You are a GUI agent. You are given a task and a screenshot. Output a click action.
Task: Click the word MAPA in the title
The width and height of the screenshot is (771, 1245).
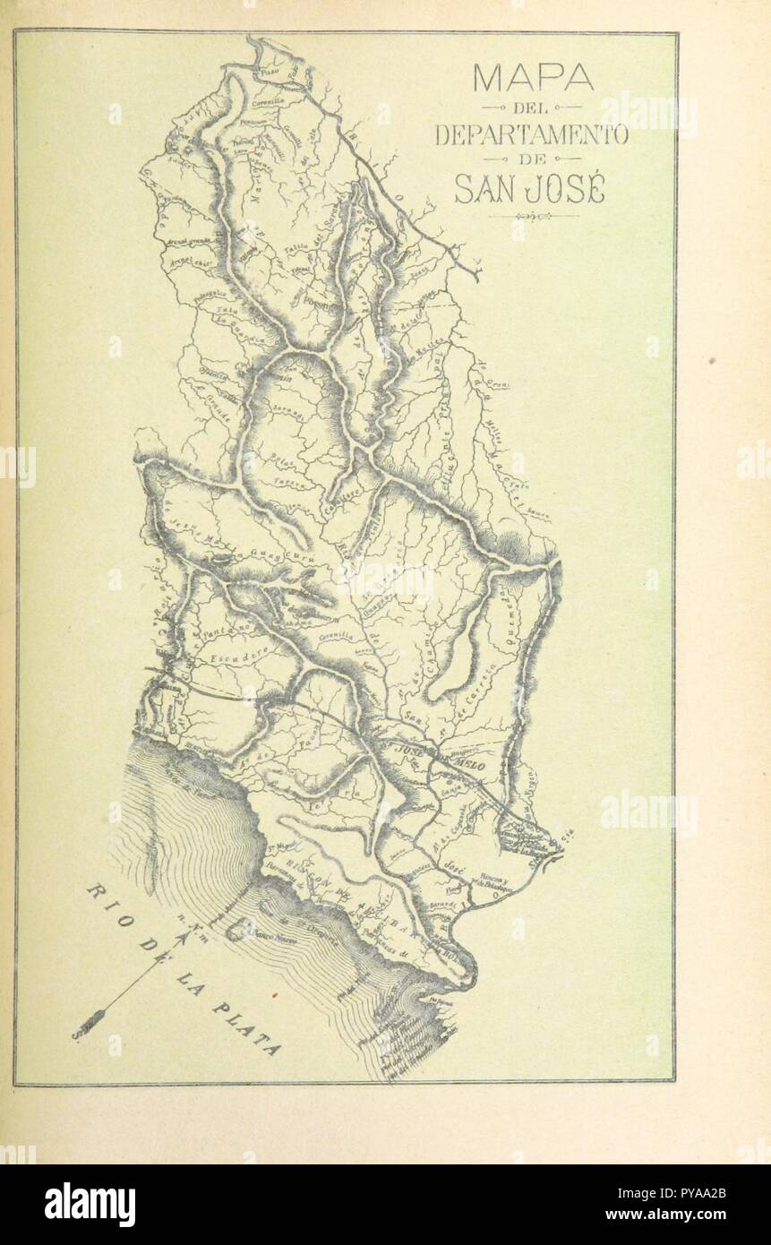pos(532,78)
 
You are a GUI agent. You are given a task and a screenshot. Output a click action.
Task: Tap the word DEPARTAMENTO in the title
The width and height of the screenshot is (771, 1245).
pos(532,136)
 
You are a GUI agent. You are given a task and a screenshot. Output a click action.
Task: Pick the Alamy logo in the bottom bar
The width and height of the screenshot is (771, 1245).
pos(90,1205)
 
